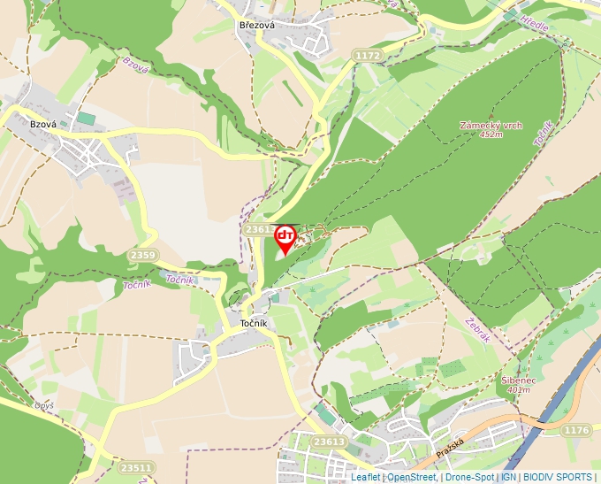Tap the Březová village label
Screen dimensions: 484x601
257,25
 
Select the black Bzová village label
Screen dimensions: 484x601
43,125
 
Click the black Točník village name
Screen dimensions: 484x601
259,324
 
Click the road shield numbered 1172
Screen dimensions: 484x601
367,56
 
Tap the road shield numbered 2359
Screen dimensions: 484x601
142,256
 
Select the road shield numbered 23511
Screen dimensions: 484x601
135,467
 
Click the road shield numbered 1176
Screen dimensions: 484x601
574,430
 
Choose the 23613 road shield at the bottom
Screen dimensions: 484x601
329,442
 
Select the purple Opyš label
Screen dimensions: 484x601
44,405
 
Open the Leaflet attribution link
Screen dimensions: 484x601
365,477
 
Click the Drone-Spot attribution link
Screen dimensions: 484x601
468,477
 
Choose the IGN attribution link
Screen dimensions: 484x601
508,477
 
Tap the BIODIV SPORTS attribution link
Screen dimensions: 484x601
558,477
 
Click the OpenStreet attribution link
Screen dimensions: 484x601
411,477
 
